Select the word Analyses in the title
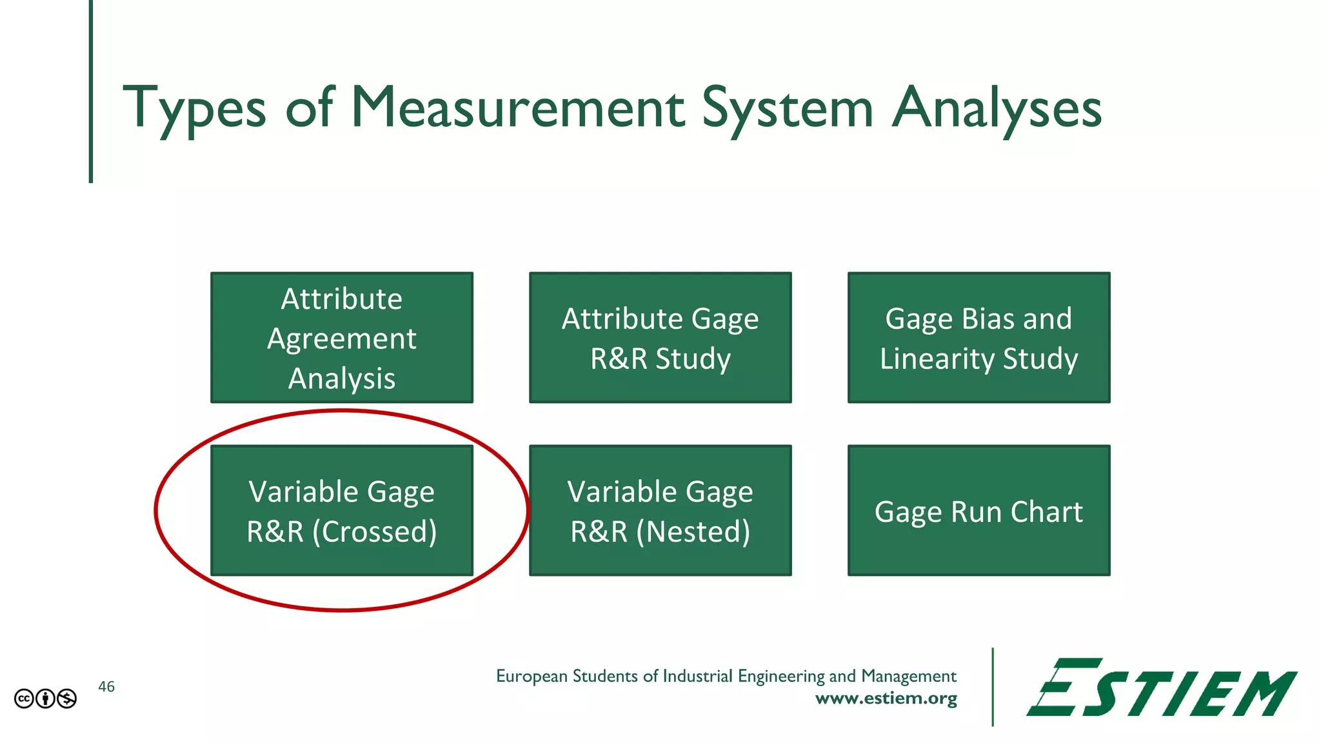click(x=997, y=108)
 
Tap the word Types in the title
click(x=194, y=108)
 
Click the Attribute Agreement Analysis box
click(x=342, y=337)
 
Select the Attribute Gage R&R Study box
click(x=660, y=337)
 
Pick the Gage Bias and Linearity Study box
click(x=978, y=337)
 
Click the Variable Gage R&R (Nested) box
click(x=660, y=510)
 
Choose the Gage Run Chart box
click(x=978, y=510)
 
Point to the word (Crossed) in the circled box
click(x=374, y=531)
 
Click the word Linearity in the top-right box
click(x=937, y=359)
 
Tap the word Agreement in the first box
click(x=342, y=339)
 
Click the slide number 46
click(x=106, y=687)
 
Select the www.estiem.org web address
click(x=886, y=698)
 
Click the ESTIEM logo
click(x=1161, y=688)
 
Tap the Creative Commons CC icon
click(x=24, y=698)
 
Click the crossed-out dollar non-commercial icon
click(x=67, y=698)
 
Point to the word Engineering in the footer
click(x=781, y=676)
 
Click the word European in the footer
click(x=531, y=676)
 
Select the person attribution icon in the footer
click(x=45, y=698)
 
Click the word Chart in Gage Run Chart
click(x=1046, y=512)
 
